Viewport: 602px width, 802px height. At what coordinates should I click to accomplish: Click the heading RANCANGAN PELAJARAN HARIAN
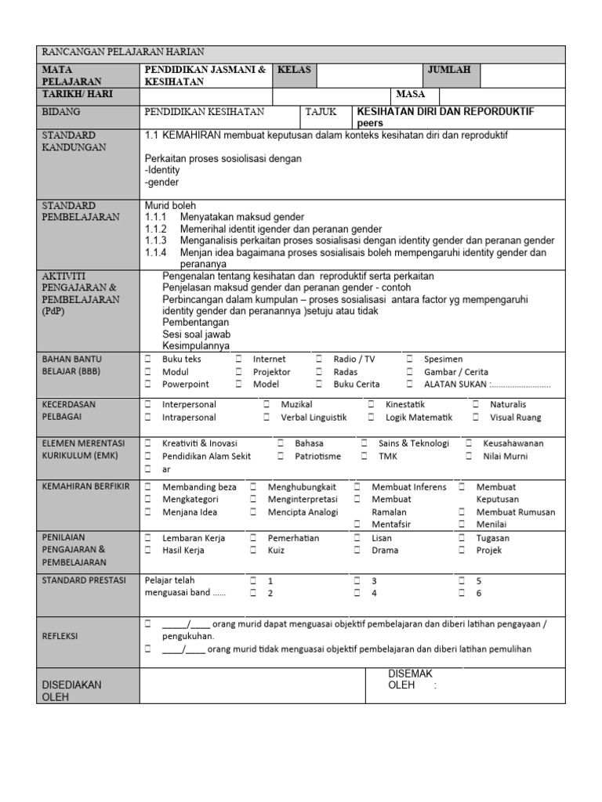pos(122,52)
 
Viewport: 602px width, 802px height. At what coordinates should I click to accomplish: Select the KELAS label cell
pos(295,70)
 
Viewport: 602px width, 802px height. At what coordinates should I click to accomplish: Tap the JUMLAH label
pos(449,70)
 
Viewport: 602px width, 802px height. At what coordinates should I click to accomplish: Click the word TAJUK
pos(321,112)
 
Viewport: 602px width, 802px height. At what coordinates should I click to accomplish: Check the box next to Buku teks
pos(148,359)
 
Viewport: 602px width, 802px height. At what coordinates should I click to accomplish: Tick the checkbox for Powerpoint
pos(148,385)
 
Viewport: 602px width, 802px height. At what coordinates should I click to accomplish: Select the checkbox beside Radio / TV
pos(319,359)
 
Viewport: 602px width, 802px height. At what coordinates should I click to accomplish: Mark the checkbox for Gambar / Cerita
pos(410,372)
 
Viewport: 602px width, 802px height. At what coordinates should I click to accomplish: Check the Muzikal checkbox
pos(267,405)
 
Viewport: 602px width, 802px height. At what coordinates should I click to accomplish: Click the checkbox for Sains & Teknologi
pos(364,443)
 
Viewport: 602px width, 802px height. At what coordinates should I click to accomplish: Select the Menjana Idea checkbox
pos(148,512)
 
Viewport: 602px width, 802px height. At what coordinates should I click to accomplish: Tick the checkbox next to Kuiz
pos(253,551)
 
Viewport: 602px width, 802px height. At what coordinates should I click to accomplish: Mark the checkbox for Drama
pos(357,551)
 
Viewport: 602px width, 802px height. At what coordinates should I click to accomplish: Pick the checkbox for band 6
pos(462,594)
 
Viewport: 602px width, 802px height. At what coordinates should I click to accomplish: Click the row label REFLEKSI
pos(60,637)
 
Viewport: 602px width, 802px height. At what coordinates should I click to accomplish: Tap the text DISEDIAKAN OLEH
pos(71,690)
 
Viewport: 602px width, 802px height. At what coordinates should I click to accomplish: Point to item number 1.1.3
pos(156,240)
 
